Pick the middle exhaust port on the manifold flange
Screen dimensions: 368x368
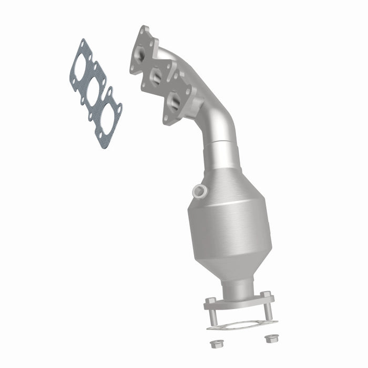coord(156,77)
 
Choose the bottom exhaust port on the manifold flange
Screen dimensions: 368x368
coord(174,100)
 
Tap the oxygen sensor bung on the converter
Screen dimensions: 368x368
coord(198,191)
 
